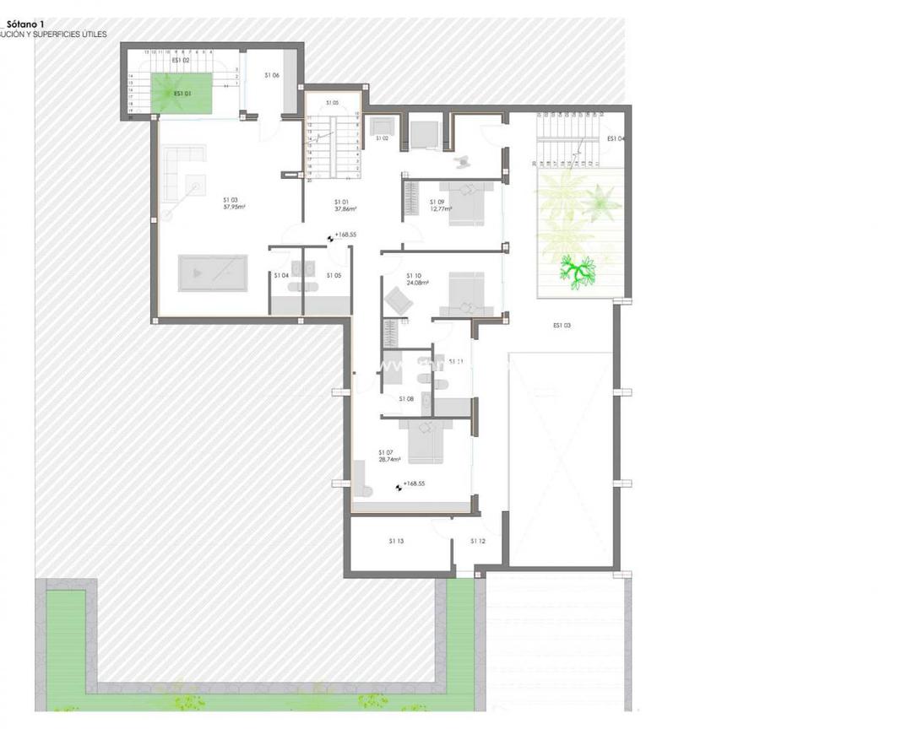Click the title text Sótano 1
coord(26,24)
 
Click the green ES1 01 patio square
coord(181,92)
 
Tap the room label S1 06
coord(271,75)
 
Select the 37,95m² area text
coord(234,207)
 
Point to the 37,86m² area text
coord(345,208)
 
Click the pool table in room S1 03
coord(212,273)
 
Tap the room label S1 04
coord(281,275)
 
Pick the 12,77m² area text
coord(440,208)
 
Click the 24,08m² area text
coord(417,283)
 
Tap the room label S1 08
coord(406,398)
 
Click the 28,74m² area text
coord(389,460)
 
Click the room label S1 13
coord(396,541)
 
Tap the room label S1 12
coord(478,541)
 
